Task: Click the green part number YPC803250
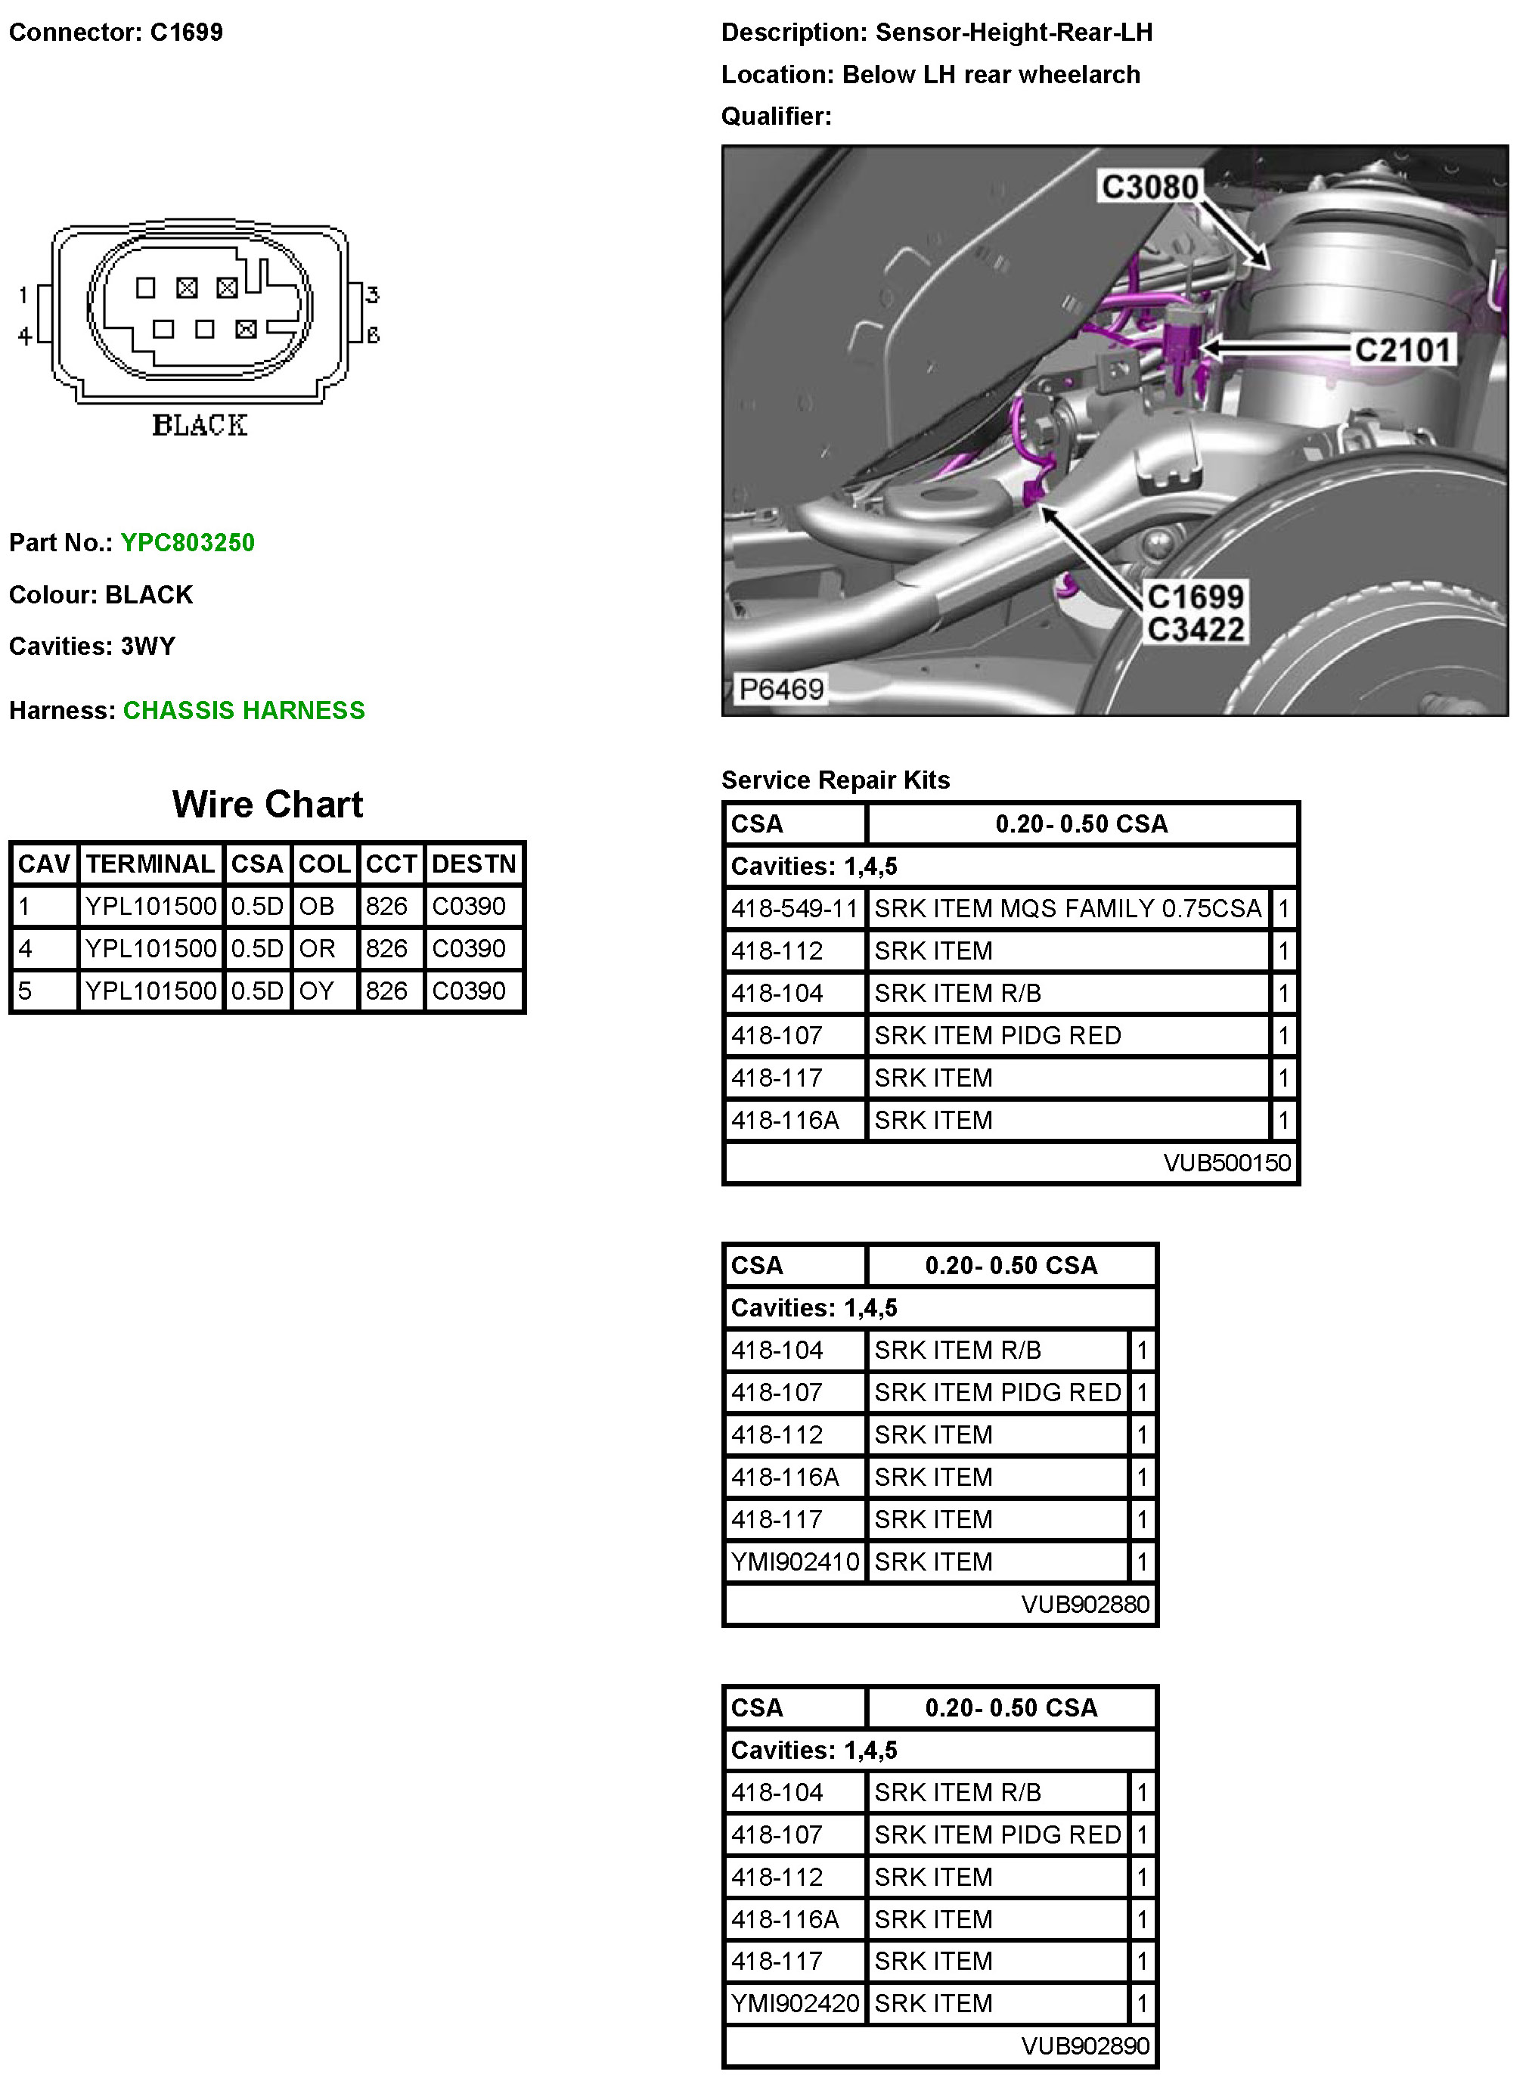[188, 542]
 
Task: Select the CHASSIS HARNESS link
[243, 710]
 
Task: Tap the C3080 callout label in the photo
[1149, 187]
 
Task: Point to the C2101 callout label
[1402, 350]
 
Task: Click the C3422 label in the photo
[1196, 630]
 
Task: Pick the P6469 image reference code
[780, 689]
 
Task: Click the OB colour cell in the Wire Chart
[317, 906]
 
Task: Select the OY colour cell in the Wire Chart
[317, 991]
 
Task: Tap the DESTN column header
[473, 864]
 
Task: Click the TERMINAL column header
[150, 864]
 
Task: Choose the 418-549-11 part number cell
[795, 909]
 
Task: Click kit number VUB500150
[1226, 1163]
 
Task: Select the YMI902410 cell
[795, 1562]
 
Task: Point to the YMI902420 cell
[795, 2004]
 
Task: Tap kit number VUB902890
[1084, 2046]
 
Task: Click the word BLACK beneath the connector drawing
[200, 426]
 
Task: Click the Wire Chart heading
[267, 805]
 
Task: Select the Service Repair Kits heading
[835, 780]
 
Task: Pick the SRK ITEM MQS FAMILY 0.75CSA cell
[1067, 909]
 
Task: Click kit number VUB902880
[1084, 1605]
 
